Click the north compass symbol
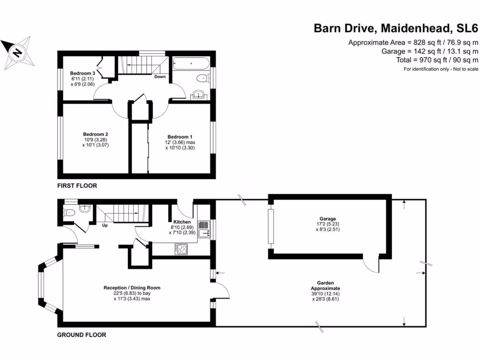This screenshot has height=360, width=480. (x=17, y=52)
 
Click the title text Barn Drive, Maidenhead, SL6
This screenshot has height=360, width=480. (x=396, y=29)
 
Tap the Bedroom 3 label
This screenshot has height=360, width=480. (x=83, y=74)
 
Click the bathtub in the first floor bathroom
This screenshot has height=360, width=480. (x=190, y=64)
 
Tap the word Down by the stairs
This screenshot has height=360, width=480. (x=160, y=77)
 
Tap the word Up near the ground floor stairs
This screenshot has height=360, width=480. (x=105, y=225)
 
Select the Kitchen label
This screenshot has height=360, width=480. (x=182, y=222)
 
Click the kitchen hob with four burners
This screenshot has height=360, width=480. (x=181, y=248)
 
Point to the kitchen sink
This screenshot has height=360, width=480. (x=204, y=232)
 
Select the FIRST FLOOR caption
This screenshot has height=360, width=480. (x=77, y=186)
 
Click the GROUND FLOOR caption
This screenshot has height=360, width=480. (x=81, y=335)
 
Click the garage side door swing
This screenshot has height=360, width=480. (x=372, y=266)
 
